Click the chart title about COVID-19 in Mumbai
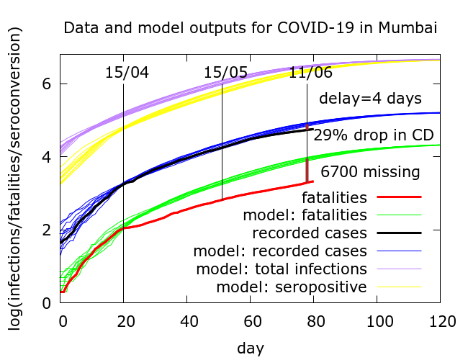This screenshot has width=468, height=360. point(251,29)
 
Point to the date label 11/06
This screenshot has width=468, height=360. point(311,73)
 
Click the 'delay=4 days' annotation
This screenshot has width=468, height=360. point(370,98)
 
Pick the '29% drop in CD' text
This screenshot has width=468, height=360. point(372,135)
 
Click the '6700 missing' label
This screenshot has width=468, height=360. point(370,172)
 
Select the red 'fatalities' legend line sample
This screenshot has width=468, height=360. point(397,196)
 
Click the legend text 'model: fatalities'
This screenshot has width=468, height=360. point(305,215)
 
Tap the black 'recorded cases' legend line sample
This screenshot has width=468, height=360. point(397,233)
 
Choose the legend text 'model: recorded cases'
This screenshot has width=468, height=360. point(281,251)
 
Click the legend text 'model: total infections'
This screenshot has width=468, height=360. point(281,269)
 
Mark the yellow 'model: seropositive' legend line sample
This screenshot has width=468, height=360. point(397,288)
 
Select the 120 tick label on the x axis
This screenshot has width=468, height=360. point(440,318)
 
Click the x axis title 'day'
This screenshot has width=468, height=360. point(251,348)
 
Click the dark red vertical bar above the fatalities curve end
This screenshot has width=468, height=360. point(307,170)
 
